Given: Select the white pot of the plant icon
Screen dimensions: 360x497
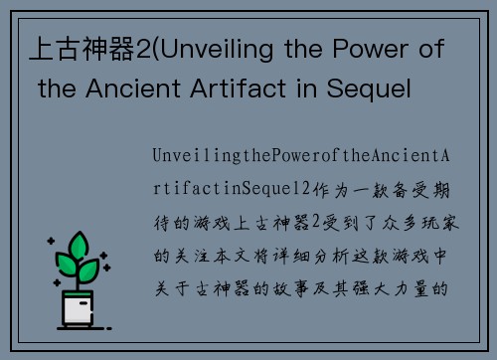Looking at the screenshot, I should (x=79, y=311).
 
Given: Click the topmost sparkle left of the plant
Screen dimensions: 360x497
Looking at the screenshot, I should (x=49, y=242).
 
